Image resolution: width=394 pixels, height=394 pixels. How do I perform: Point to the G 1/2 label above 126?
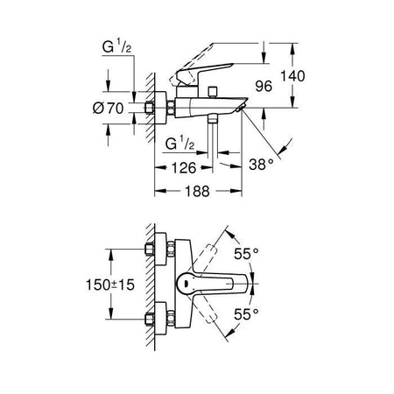coord(181,141)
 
